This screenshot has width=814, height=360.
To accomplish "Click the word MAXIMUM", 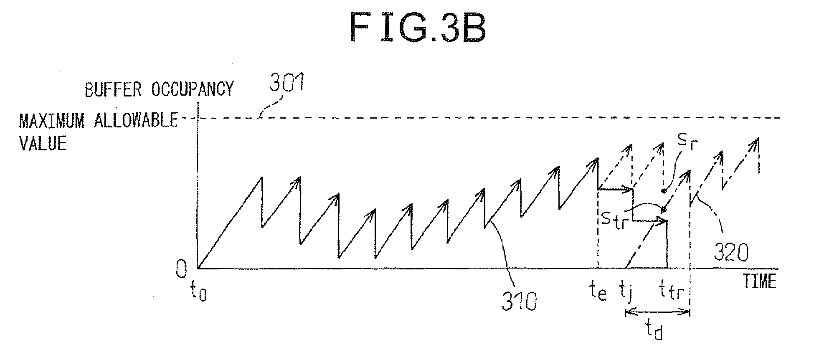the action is (x=51, y=121).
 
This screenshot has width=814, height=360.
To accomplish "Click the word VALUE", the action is (x=43, y=143).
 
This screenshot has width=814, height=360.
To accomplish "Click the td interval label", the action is (x=653, y=332).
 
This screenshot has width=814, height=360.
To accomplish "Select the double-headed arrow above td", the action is (x=657, y=311).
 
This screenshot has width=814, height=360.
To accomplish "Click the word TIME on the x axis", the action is (x=759, y=281).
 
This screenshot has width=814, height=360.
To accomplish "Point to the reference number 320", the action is (x=730, y=252).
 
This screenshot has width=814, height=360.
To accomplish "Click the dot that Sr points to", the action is (x=663, y=191).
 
